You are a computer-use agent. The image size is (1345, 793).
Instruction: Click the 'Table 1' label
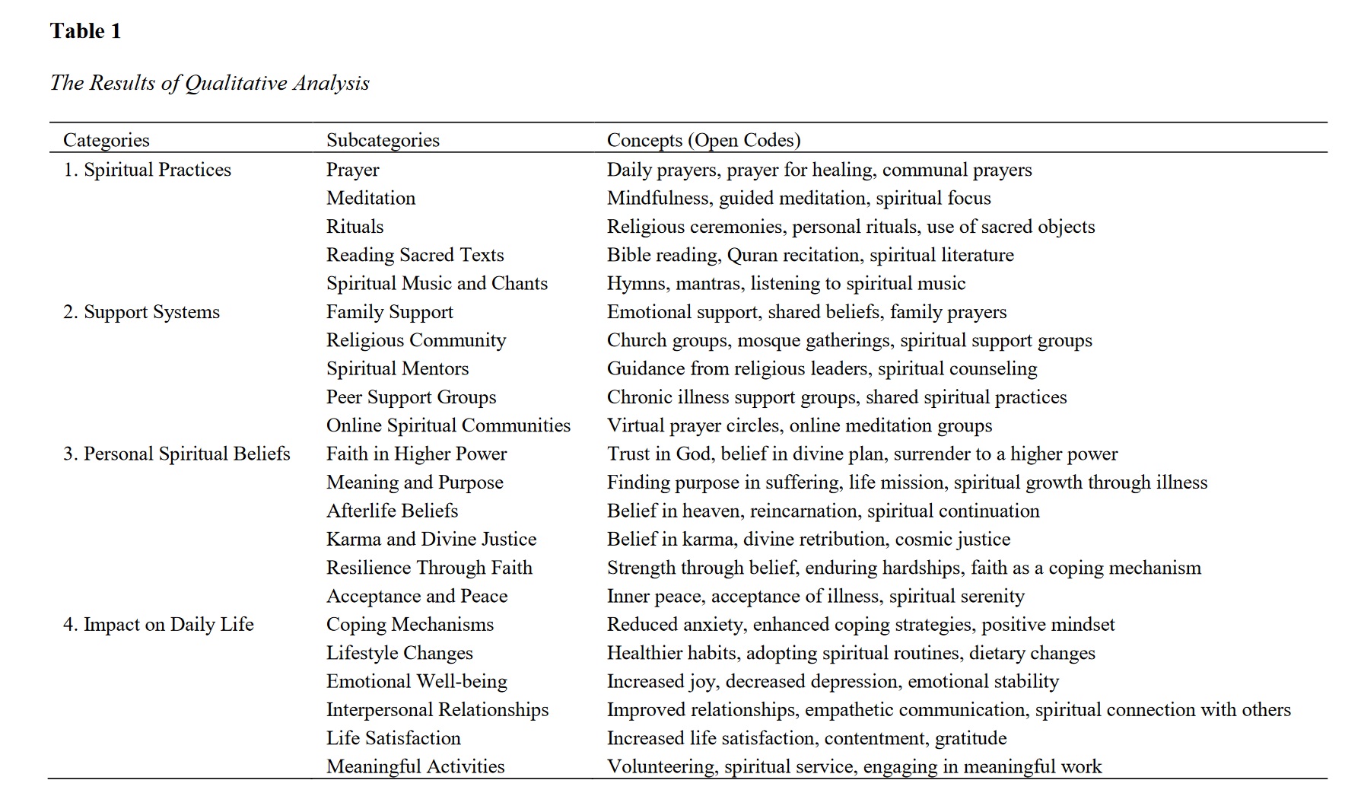point(85,31)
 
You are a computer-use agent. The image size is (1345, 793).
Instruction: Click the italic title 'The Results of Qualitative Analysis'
point(209,83)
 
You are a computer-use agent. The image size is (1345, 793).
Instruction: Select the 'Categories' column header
point(106,140)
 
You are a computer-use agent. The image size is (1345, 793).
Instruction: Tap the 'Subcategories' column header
point(383,140)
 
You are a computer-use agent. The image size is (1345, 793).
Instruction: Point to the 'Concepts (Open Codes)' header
point(703,140)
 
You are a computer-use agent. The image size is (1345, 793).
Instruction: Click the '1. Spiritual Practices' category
point(147,170)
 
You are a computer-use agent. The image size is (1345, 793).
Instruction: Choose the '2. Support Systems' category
point(141,312)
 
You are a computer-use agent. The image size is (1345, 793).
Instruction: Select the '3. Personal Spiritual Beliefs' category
point(176,454)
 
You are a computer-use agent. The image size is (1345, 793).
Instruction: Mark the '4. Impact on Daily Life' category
point(158,625)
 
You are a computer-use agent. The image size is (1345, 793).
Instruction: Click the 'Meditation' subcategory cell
point(370,199)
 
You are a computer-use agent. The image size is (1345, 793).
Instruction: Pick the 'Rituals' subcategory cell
point(355,227)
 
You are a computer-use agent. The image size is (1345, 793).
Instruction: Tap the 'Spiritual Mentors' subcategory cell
point(397,369)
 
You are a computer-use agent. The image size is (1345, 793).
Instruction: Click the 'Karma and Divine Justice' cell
point(431,540)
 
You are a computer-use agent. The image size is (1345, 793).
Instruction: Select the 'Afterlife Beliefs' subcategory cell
point(392,511)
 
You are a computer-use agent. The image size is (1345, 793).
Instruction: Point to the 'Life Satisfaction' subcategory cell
point(393,738)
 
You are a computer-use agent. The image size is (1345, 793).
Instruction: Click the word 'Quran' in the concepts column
point(752,256)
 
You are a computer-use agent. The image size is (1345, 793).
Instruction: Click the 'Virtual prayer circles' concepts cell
point(799,426)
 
